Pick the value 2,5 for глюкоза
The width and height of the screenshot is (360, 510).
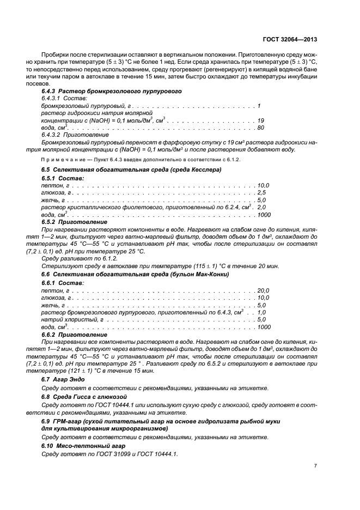(x=261, y=193)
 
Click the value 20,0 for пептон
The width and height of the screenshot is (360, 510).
(x=263, y=290)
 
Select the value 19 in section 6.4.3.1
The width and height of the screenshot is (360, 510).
(x=260, y=120)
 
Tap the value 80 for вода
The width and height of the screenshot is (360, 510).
(x=260, y=127)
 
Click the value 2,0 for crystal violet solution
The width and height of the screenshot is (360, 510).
(x=261, y=208)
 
